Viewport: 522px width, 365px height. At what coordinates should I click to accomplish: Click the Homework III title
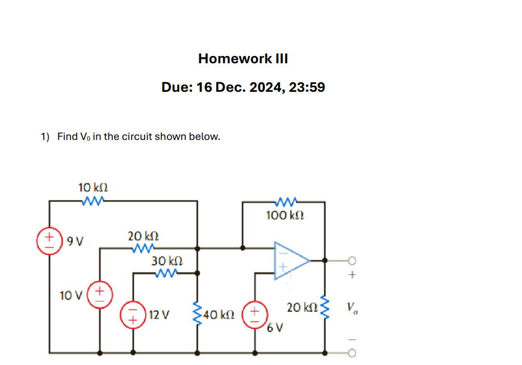pos(243,59)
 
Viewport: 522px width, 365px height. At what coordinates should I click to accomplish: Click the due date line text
pos(243,87)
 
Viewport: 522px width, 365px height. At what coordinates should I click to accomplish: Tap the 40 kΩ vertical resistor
pos(197,314)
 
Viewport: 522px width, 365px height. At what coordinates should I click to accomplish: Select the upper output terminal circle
pos(351,260)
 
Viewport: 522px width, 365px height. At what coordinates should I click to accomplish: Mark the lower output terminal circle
pos(351,353)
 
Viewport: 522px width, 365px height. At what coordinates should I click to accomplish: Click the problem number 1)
pos(45,137)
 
